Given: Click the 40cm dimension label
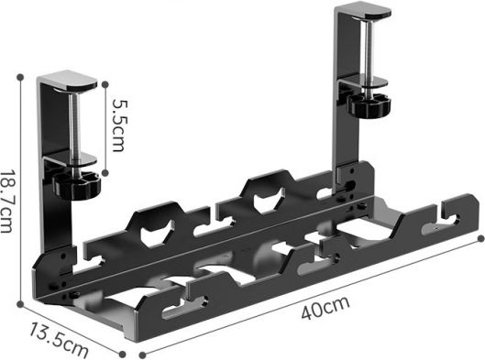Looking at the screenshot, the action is (x=325, y=308).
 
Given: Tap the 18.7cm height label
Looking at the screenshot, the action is (x=6, y=201).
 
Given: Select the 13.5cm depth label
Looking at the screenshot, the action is (x=59, y=340).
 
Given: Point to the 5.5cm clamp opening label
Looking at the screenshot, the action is (x=120, y=125).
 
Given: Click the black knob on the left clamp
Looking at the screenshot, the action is (x=77, y=185).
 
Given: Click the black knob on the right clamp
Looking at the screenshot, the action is (x=369, y=104).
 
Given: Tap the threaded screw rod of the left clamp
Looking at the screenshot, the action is (x=74, y=126).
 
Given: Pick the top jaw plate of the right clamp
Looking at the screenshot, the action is (x=363, y=10).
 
